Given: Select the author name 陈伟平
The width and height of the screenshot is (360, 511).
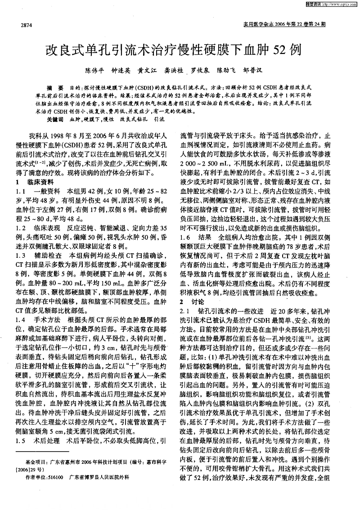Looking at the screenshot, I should coord(95,71).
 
